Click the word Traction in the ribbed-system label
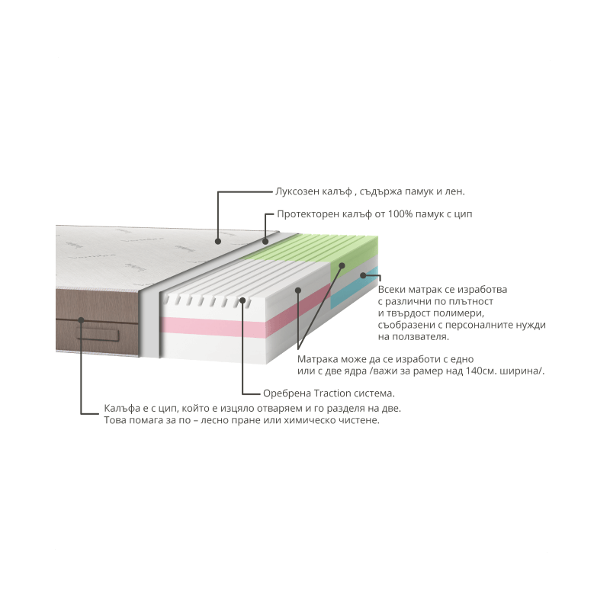coord(332,393)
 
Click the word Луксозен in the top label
coord(297,192)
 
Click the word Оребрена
coord(287,393)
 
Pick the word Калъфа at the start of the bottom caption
coord(122,409)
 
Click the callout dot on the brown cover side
coord(81,320)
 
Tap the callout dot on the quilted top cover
coord(218,241)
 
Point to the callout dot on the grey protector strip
coord(265,241)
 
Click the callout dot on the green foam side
coord(342,265)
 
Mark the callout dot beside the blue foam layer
coord(363,275)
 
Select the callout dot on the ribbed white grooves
coord(242,300)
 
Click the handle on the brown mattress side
coord(98,334)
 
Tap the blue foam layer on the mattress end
coord(354,288)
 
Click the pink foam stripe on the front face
coord(213,326)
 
